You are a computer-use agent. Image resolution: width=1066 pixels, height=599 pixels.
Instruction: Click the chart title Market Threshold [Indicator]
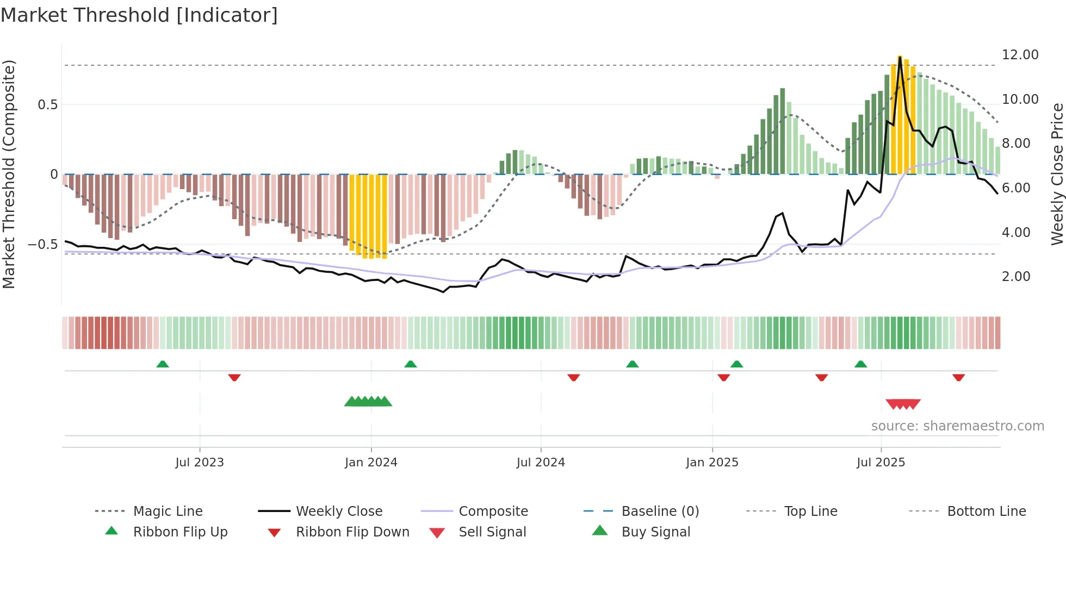pyautogui.click(x=139, y=15)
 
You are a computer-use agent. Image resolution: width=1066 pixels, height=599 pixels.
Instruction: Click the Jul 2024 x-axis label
pyautogui.click(x=541, y=462)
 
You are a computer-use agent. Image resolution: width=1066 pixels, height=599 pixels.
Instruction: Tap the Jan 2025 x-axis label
pyautogui.click(x=712, y=462)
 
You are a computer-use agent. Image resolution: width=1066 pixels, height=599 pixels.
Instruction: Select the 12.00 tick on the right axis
pyautogui.click(x=1020, y=55)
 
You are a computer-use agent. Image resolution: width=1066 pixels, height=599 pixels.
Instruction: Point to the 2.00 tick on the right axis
pyautogui.click(x=1016, y=277)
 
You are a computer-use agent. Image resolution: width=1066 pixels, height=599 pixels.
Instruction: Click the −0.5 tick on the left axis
pyautogui.click(x=43, y=244)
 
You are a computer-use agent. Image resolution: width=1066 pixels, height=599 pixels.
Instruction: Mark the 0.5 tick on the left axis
pyautogui.click(x=47, y=104)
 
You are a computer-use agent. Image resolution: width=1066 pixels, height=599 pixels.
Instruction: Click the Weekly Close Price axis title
pyautogui.click(x=1057, y=174)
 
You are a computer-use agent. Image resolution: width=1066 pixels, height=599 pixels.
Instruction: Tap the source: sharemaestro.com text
pyautogui.click(x=957, y=426)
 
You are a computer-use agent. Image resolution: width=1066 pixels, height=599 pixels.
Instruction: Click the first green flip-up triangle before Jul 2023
pyautogui.click(x=163, y=364)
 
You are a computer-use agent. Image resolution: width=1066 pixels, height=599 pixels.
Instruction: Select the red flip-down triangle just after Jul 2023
pyautogui.click(x=234, y=377)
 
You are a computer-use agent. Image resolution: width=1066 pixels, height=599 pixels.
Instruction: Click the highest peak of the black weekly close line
pyautogui.click(x=900, y=57)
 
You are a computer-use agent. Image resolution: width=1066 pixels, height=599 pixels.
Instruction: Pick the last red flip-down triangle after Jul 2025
pyautogui.click(x=958, y=377)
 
